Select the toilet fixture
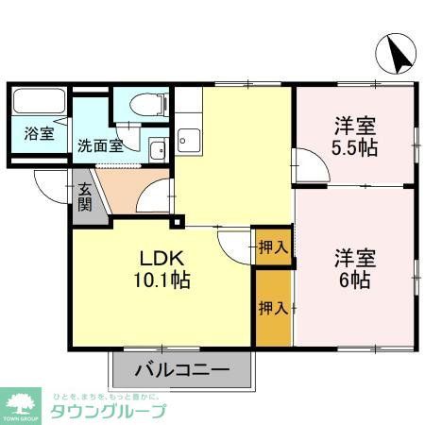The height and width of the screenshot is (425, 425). [x=149, y=103]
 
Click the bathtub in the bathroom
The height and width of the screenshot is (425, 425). [x=38, y=101]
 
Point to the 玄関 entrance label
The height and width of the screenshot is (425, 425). [x=84, y=196]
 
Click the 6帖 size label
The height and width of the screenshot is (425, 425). [x=355, y=280]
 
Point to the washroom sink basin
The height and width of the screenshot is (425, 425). [x=158, y=149]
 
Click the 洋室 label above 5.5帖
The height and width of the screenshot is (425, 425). [x=355, y=125]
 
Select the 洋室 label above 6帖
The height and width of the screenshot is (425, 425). [x=355, y=257]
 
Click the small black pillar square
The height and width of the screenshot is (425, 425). [x=176, y=223]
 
